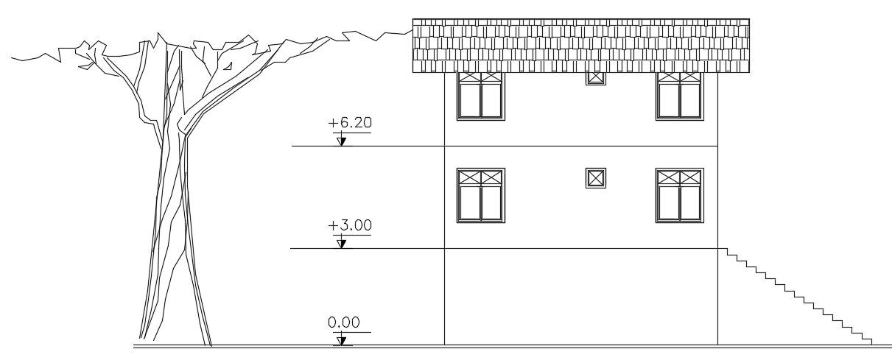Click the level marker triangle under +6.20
tap(341, 141)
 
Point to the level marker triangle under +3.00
tap(341, 242)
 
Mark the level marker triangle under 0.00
tap(341, 339)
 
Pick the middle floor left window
tap(481, 195)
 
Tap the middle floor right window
tap(679, 195)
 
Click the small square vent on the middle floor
tap(596, 177)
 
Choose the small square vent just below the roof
tap(596, 77)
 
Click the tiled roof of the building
tap(580, 45)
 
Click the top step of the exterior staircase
tap(731, 252)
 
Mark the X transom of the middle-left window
tap(480, 177)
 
